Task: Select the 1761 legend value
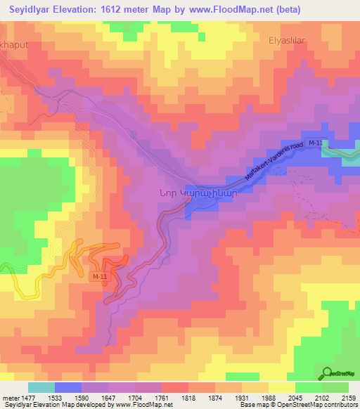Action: tap(162, 398)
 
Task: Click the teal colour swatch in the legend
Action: tap(41, 387)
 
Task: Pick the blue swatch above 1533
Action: tap(68, 387)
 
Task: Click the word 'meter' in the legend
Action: tap(10, 398)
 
